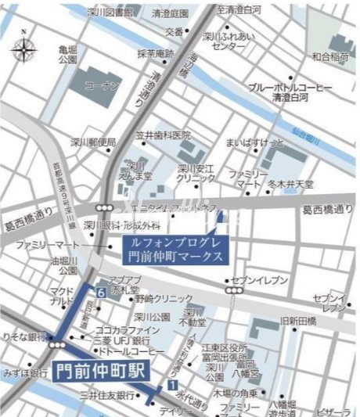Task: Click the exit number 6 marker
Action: tap(101, 290)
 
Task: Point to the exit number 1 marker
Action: tap(170, 385)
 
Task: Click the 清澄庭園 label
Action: tap(170, 14)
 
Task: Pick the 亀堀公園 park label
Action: tap(68, 53)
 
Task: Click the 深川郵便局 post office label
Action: tap(93, 142)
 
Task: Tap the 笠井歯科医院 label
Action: tap(163, 134)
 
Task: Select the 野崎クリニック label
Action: tap(163, 298)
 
